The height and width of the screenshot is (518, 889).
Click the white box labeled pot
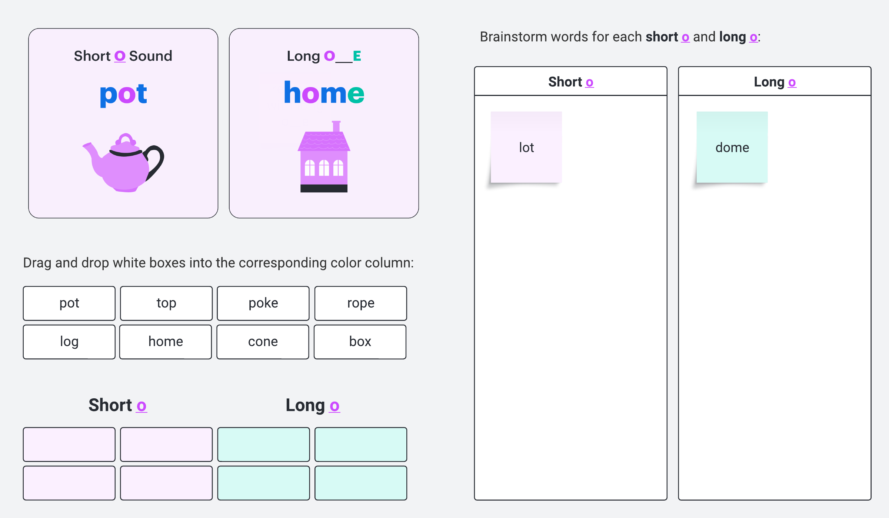[69, 303]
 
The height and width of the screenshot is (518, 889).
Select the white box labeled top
[166, 303]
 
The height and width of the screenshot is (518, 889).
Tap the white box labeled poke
[263, 303]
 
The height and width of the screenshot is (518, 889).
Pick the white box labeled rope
[361, 303]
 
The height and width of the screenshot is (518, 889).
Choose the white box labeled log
[69, 342]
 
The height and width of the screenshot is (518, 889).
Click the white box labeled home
[166, 342]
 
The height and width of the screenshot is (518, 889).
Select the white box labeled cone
[263, 342]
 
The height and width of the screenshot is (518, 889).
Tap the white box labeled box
[360, 342]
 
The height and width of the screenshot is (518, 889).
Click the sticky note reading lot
[526, 147]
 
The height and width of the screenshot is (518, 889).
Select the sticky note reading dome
[732, 147]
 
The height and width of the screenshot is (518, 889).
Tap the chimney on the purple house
[336, 126]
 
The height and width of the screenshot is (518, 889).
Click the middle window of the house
[324, 168]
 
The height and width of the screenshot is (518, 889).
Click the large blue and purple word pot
[123, 94]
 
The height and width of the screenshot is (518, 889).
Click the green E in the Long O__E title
[357, 56]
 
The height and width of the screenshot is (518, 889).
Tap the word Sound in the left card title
[151, 56]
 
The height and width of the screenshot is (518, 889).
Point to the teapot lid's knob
[126, 139]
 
